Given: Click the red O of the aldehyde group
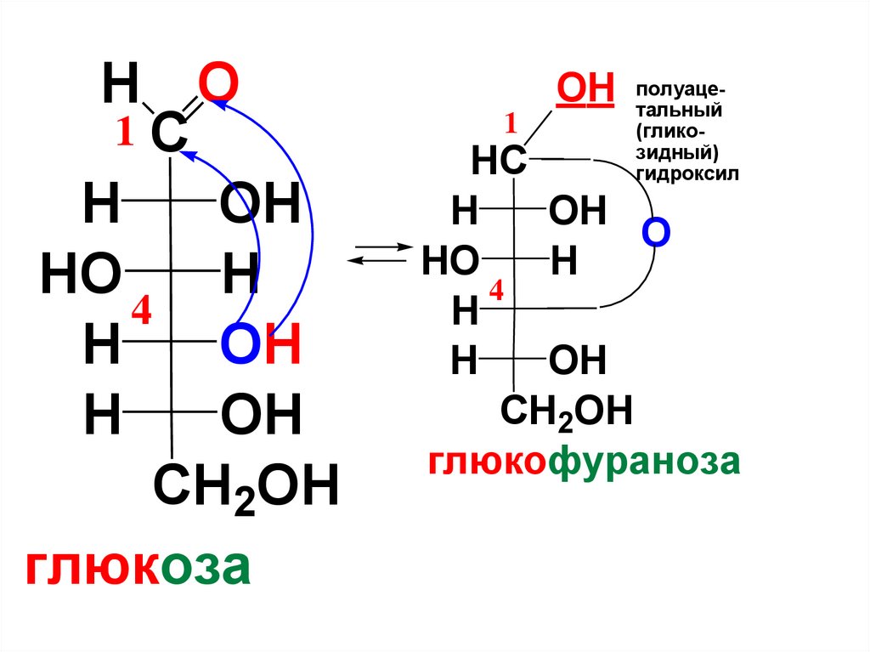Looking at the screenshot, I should pos(217,84).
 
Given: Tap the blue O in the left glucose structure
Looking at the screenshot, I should pos(240,348).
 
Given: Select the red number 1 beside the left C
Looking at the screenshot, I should pos(126,133).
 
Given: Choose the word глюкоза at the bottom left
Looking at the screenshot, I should pos(138,567).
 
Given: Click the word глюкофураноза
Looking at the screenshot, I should pos(585,462).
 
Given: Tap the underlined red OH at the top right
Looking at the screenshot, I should pos(585,88).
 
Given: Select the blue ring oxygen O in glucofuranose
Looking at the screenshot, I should pos(656,232).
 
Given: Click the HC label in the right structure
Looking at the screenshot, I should pos(498,162).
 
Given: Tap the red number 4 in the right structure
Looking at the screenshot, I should pos(495,292).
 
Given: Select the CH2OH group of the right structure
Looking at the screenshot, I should pos(566,411).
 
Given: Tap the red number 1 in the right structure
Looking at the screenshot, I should pos(511,125).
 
